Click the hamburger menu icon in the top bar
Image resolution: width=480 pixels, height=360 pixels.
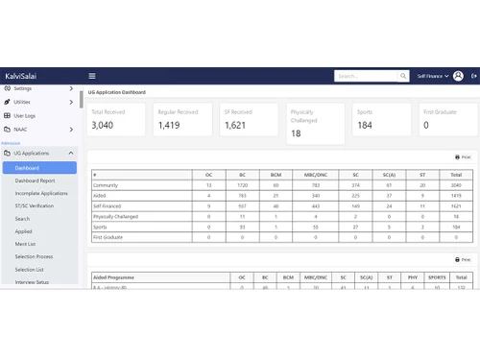[92, 76]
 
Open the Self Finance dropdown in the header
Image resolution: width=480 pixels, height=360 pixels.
[432, 76]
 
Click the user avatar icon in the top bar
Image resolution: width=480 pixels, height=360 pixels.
[458, 76]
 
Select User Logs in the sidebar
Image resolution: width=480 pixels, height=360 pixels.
[24, 114]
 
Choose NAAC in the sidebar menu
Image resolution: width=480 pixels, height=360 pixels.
[21, 129]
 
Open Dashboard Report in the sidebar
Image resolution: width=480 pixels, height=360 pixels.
[35, 180]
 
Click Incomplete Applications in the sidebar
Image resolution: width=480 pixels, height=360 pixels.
[41, 193]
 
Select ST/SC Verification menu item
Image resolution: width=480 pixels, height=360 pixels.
[35, 205]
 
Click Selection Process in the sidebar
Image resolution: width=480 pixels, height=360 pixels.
[34, 256]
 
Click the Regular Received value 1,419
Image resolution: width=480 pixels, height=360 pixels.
[168, 125]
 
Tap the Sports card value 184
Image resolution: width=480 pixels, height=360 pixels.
[364, 125]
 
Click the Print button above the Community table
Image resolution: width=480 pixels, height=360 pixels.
[463, 156]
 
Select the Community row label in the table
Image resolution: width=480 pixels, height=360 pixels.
[106, 183]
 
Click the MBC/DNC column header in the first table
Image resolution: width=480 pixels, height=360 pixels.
[314, 174]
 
